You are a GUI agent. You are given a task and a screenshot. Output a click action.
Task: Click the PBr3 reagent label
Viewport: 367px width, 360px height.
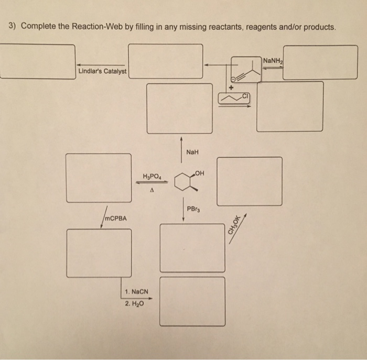coord(193,210)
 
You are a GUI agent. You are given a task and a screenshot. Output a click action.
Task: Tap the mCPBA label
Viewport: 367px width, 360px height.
coord(115,217)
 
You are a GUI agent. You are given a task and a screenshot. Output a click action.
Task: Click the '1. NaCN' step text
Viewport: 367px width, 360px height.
coord(136,291)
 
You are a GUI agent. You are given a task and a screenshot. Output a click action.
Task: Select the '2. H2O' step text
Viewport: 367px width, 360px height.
coord(134,303)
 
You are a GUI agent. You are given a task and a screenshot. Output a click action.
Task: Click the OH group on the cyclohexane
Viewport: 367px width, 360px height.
coord(199,173)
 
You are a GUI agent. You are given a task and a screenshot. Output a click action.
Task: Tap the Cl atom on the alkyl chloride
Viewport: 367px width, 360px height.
coord(246,96)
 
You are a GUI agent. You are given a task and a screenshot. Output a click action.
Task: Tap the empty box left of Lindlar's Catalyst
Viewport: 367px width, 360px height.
coord(37,61)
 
